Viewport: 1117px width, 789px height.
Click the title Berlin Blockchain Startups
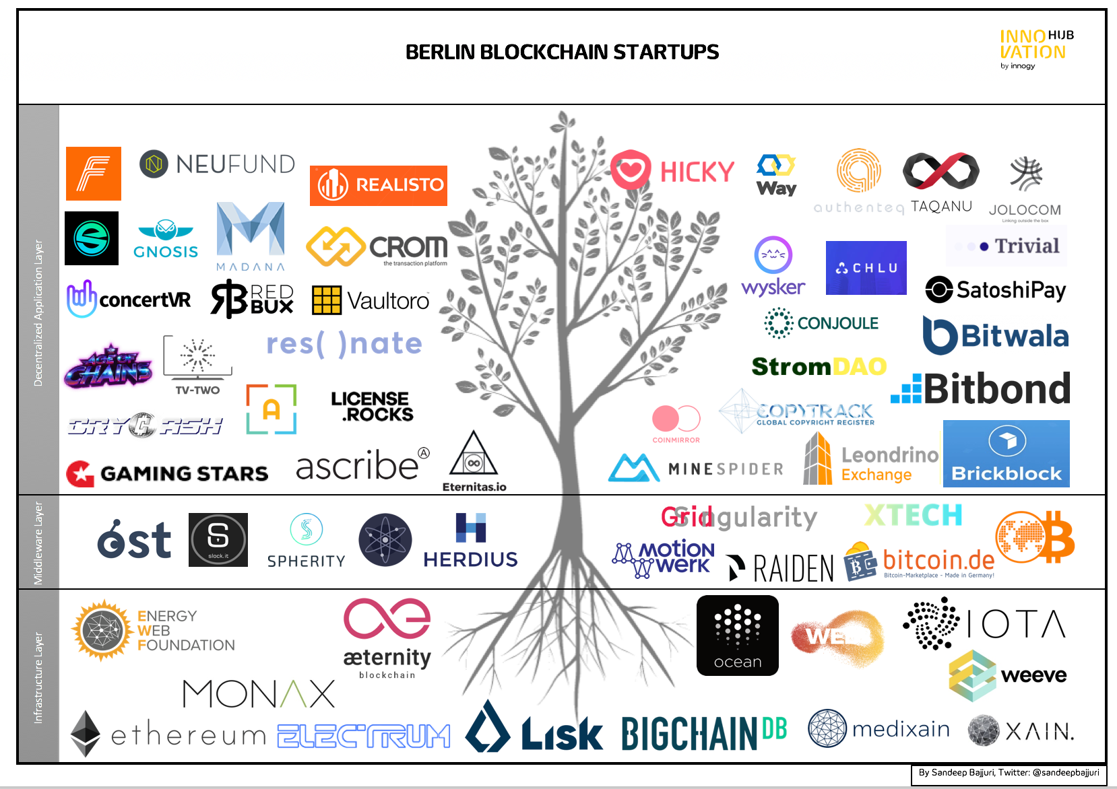coord(562,52)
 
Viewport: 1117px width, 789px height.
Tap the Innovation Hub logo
coord(1035,48)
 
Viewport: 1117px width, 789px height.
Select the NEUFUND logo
coord(217,164)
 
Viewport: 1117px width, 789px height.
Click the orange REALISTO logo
coord(379,185)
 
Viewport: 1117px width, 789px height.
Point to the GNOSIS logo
coord(166,239)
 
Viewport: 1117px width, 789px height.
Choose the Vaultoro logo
coord(371,300)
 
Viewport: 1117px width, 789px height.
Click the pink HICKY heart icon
coord(631,170)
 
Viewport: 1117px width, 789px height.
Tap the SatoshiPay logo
coord(996,290)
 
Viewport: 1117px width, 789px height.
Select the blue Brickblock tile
coord(1006,453)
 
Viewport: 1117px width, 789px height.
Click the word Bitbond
coord(996,388)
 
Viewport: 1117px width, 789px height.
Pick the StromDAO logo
coord(819,366)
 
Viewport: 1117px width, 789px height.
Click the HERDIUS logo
coord(470,540)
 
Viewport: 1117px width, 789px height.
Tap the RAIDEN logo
coord(781,568)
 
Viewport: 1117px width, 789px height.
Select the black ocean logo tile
coord(737,635)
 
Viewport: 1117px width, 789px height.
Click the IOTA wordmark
coord(1016,624)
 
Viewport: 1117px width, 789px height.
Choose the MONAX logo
coord(259,693)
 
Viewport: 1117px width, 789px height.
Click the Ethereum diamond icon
coord(86,733)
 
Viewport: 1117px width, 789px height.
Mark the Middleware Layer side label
coord(38,543)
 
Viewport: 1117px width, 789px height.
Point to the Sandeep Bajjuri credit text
coord(1009,773)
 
